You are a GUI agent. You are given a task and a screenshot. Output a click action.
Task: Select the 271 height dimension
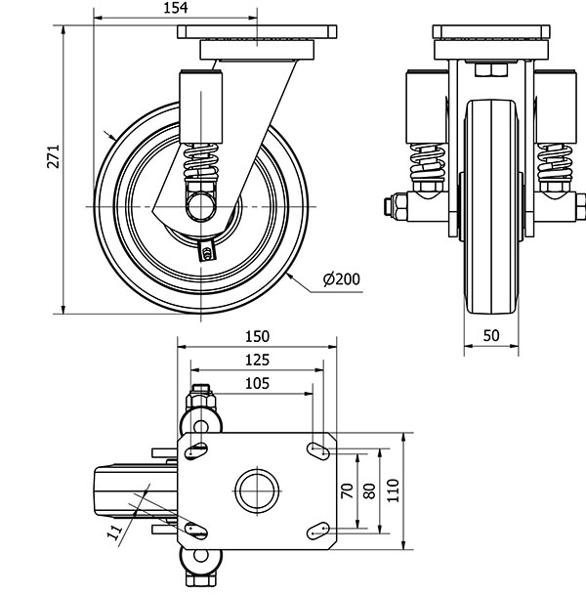click(x=54, y=159)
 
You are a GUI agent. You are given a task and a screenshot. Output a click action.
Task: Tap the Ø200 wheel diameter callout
click(x=341, y=279)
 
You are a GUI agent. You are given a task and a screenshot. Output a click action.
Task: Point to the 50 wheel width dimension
click(x=490, y=335)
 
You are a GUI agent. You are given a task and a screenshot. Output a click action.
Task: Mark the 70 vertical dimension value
click(x=346, y=490)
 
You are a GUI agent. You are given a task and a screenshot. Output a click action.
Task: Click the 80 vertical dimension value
click(x=368, y=490)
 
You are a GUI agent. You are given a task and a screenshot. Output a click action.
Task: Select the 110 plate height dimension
click(x=393, y=490)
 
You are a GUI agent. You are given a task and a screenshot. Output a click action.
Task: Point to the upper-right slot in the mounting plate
click(x=318, y=448)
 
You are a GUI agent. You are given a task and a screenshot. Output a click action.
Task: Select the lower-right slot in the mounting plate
click(x=318, y=530)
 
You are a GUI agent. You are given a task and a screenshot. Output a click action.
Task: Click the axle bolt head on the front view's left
click(x=390, y=206)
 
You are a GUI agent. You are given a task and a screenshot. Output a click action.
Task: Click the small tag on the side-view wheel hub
click(x=206, y=252)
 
